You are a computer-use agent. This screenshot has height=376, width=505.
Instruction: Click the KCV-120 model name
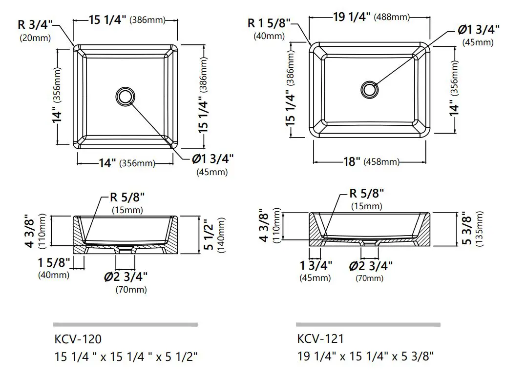78,338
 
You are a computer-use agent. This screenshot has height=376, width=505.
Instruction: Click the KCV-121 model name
320,338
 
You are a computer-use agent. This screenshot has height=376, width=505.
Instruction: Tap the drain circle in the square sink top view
126,96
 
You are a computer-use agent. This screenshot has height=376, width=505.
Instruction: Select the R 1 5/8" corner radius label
269,23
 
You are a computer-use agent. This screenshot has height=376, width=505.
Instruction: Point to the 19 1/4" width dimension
352,17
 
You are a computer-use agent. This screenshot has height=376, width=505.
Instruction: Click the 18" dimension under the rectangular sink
351,162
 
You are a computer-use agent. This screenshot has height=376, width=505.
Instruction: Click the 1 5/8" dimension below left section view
54,263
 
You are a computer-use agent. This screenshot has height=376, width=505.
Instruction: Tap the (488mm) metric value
392,18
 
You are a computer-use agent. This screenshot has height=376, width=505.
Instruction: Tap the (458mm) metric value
381,162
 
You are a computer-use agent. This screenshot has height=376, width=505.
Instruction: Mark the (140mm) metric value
222,234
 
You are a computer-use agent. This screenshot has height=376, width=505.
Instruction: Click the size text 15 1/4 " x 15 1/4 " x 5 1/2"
126,356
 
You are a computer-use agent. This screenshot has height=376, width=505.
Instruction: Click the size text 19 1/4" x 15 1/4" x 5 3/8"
365,356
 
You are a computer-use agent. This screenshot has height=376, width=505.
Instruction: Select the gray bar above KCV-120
125,324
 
